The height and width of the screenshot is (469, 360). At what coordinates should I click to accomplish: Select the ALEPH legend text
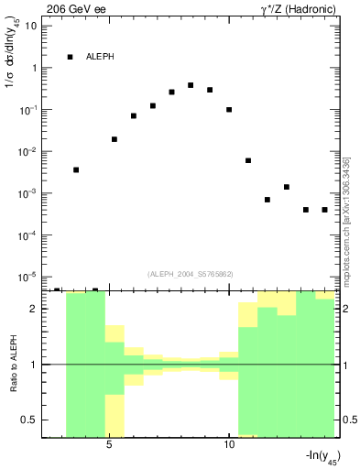pos(101,57)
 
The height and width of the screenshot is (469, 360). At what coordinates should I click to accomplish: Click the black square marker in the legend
pos(70,57)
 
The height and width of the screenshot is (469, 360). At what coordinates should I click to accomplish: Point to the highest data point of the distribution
pos(191,85)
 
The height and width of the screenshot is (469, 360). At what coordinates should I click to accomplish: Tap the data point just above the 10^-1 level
pos(229,110)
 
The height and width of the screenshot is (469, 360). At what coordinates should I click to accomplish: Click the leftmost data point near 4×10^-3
pos(76,169)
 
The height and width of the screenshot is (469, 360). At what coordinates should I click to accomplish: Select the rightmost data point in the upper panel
pos(324,210)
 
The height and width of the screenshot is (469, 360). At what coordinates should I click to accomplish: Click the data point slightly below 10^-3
pos(267,200)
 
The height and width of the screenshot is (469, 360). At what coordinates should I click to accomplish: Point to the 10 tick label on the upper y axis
pos(31,26)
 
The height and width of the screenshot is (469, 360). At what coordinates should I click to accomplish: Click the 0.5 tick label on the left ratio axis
pos(30,420)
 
